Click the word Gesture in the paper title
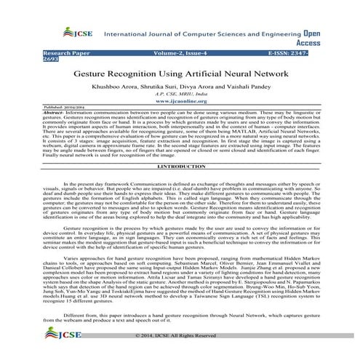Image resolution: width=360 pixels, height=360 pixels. click(117, 75)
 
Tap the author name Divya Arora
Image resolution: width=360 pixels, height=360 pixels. click(212, 86)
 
